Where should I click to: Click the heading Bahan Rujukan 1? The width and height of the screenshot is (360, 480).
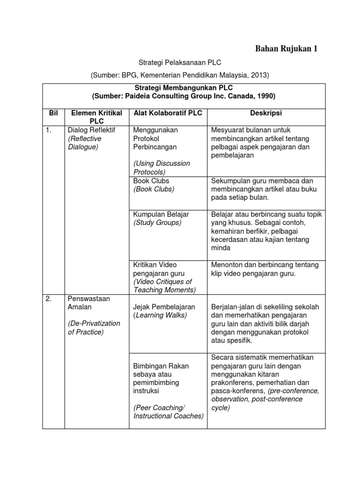pos(286,49)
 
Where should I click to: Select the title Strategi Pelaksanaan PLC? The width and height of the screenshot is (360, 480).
pos(180,62)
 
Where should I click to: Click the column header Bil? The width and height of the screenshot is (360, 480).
pos(53,113)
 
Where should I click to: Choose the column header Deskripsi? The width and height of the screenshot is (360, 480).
pos(266,113)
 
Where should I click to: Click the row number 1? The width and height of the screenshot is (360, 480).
pos(49,130)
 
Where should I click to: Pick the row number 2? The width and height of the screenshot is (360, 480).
pos(49,298)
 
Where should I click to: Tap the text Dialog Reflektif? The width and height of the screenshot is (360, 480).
pos(91,130)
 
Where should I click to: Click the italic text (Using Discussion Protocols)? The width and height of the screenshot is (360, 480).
pos(162,168)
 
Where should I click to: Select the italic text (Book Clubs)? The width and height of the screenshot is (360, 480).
pos(153,189)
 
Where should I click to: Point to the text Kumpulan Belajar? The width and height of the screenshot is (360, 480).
pos(161,214)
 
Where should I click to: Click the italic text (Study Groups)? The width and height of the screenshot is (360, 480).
pos(157,223)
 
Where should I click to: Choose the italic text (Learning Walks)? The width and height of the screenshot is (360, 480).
pos(160,315)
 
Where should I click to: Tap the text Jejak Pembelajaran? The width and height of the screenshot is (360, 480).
pos(164,307)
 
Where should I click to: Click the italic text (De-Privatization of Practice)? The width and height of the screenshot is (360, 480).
pos(94,328)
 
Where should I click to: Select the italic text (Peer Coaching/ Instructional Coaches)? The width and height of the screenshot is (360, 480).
pos(168,412)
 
